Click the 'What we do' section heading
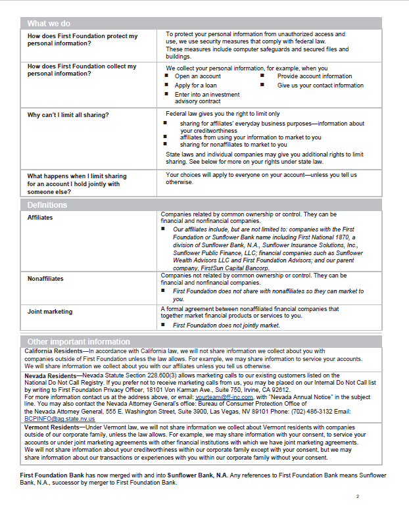point(50,23)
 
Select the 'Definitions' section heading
point(47,205)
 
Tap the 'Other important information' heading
point(78,341)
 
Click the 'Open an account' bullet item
point(198,76)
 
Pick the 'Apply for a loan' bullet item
point(196,85)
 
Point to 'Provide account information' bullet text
point(314,76)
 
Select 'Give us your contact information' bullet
point(320,85)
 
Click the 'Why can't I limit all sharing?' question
point(68,115)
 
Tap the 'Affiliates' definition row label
point(40,217)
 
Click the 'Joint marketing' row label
point(50,312)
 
